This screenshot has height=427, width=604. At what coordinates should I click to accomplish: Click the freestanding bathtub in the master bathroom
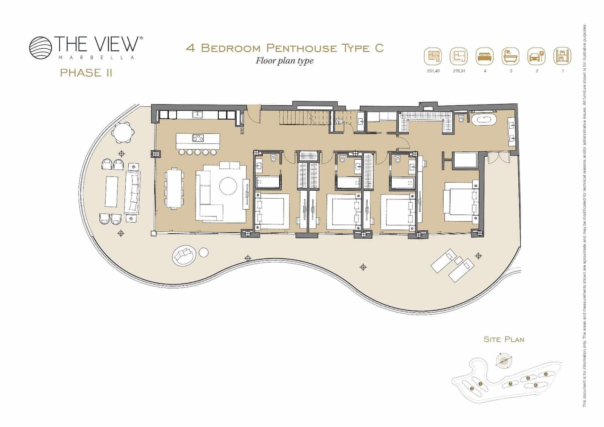click(484, 120)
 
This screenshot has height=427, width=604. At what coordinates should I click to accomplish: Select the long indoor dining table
click(174, 188)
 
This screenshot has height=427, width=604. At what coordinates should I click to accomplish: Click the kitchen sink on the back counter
click(197, 114)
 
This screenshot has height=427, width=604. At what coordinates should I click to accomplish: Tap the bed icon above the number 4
click(485, 57)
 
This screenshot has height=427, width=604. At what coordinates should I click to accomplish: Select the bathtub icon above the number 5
click(510, 57)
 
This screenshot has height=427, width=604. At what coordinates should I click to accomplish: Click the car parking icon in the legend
click(536, 57)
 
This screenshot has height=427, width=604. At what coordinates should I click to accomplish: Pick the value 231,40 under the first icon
click(433, 71)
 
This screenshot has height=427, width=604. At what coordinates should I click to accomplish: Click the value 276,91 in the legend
click(459, 71)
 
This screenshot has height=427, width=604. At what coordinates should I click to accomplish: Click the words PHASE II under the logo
click(86, 72)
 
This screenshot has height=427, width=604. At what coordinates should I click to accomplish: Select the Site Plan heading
click(504, 339)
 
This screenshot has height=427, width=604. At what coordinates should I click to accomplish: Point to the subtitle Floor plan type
click(284, 60)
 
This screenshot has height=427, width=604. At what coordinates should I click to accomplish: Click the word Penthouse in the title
click(302, 48)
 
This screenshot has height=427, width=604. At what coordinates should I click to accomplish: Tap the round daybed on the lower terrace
click(184, 256)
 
